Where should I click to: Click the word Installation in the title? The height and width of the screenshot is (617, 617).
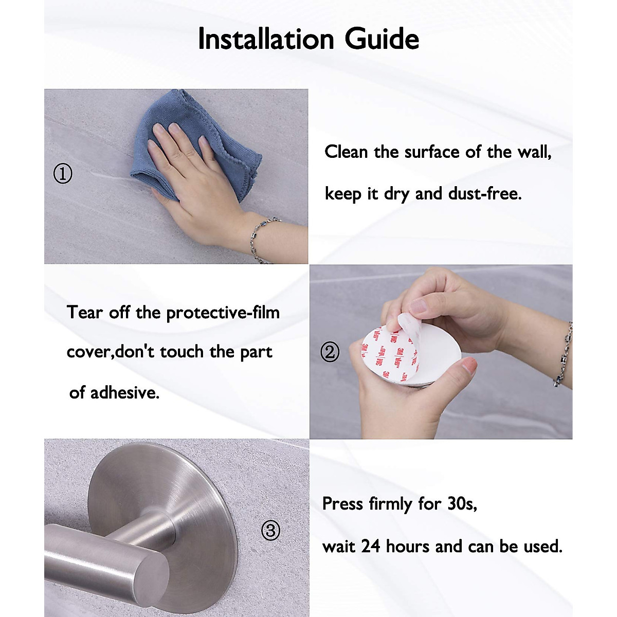pos(266,39)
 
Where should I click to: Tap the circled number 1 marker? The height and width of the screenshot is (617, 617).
pos(63,174)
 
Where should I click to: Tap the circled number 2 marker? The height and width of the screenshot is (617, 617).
pos(330,352)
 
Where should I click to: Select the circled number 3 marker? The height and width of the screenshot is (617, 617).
pos(271,530)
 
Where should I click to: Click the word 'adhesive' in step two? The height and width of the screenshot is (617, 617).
pos(124,393)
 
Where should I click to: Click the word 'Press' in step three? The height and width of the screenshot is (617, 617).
pos(342,504)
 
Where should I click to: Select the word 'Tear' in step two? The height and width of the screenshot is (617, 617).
pos(85,313)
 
